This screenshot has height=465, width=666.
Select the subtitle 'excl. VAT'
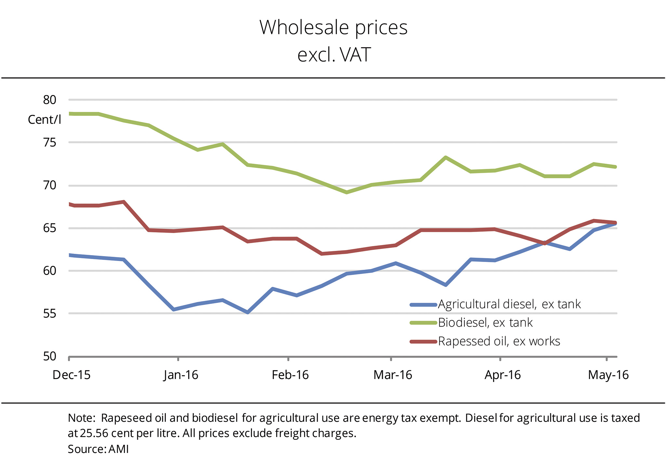point(334,55)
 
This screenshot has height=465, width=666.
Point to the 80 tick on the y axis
point(49,100)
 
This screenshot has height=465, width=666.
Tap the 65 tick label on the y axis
point(49,228)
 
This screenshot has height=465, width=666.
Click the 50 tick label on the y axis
point(49,356)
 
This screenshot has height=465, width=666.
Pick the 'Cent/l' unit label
point(45,120)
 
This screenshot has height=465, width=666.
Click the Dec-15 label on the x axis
point(72,375)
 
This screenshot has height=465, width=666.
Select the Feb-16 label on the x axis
point(290,375)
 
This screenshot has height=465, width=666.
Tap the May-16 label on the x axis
point(608,375)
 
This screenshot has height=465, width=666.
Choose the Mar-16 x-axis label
point(393,375)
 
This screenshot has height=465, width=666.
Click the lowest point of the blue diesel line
point(248,312)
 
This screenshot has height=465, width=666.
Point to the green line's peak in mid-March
point(446,157)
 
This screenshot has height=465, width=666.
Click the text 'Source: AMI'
point(98,449)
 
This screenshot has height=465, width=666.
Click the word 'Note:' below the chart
point(82,418)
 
